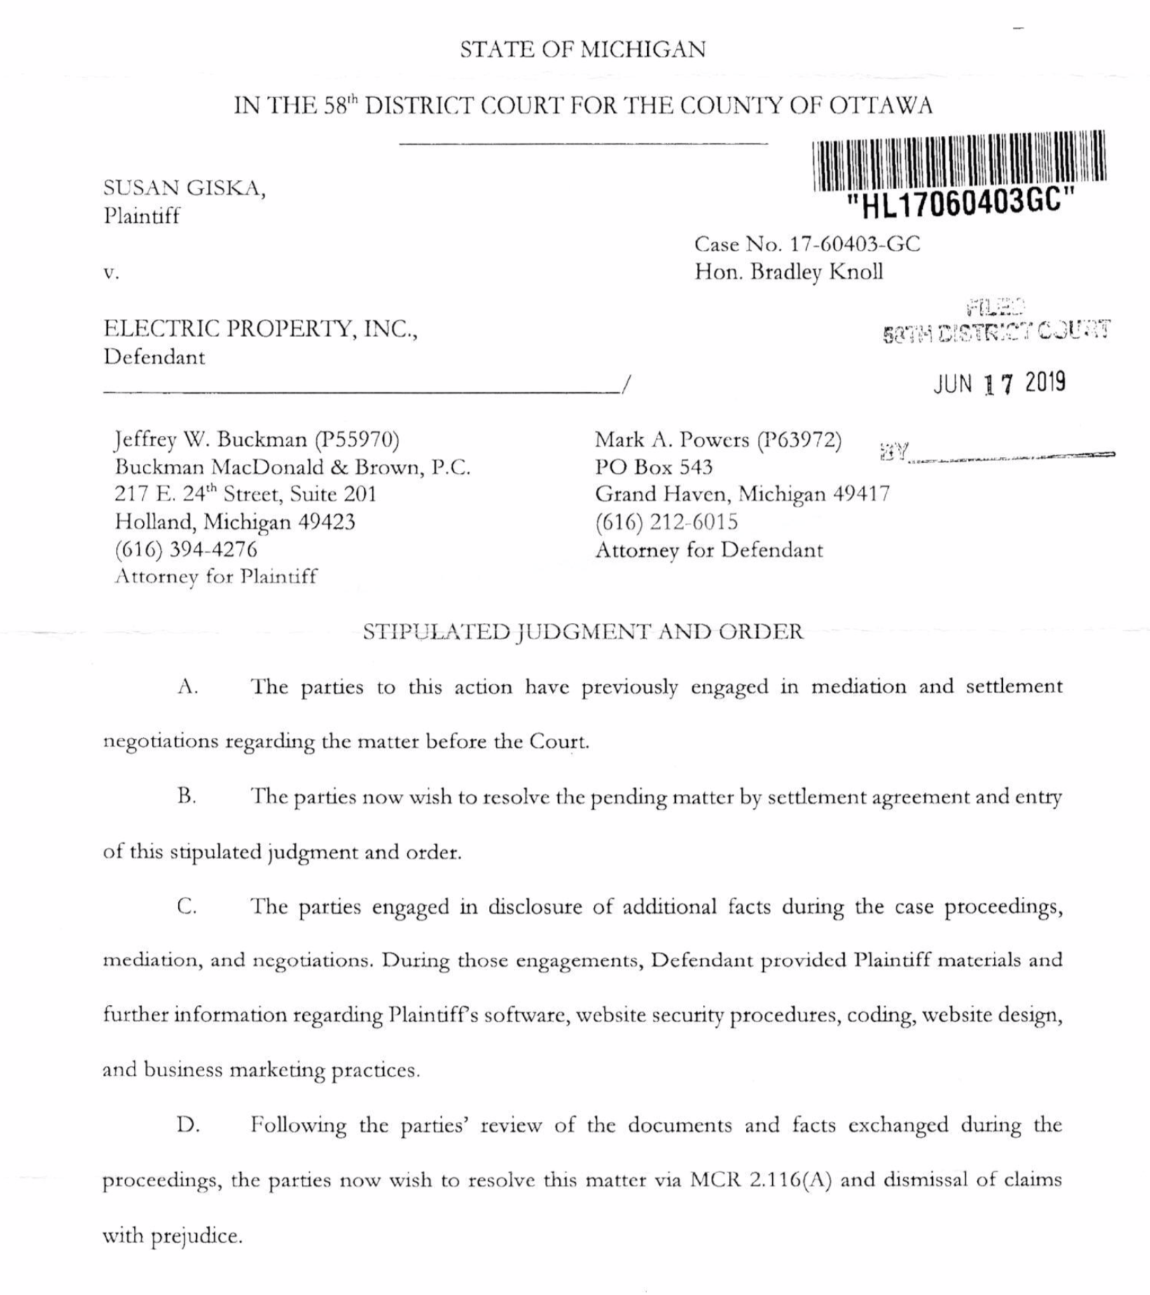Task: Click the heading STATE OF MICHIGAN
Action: [583, 50]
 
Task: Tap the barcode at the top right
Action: [959, 160]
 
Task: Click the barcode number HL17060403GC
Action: [960, 204]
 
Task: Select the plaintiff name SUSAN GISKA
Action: [183, 188]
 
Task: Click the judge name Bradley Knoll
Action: [817, 272]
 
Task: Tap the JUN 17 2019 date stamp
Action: [999, 383]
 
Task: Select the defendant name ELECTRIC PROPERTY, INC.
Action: [260, 329]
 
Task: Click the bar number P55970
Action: [357, 439]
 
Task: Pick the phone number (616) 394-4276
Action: [186, 549]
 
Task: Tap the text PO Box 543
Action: [653, 467]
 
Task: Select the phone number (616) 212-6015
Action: [666, 522]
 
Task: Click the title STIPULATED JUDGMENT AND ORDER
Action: [583, 631]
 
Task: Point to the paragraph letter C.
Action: [186, 906]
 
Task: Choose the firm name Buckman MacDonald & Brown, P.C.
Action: [292, 467]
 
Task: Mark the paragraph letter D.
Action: [188, 1125]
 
